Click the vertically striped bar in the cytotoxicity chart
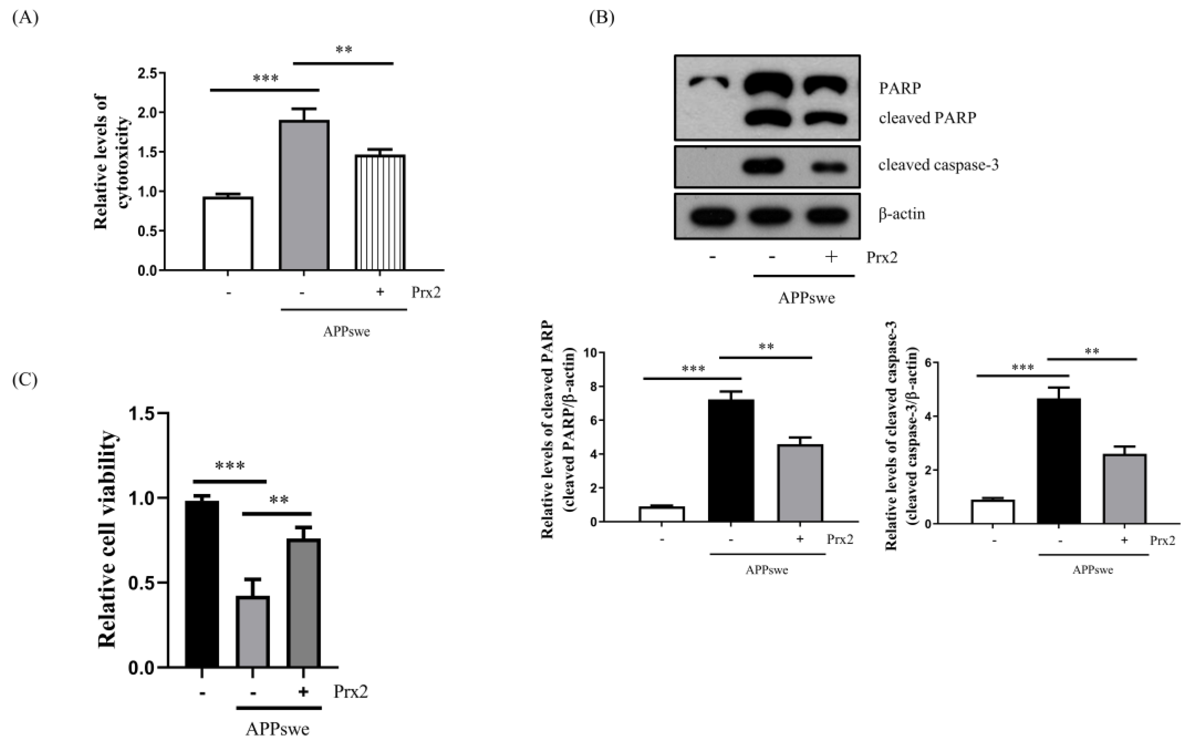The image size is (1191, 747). [x=380, y=213]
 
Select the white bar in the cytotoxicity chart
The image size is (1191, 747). [x=228, y=234]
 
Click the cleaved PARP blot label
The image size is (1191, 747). [x=927, y=118]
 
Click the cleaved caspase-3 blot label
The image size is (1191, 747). [x=938, y=165]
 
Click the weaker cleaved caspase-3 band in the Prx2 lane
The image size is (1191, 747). [x=829, y=167]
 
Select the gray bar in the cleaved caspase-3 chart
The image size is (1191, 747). [x=1124, y=489]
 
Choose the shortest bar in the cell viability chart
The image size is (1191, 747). [x=253, y=632]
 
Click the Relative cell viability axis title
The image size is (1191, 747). [x=107, y=539]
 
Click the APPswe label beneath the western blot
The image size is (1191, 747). [x=806, y=298]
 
